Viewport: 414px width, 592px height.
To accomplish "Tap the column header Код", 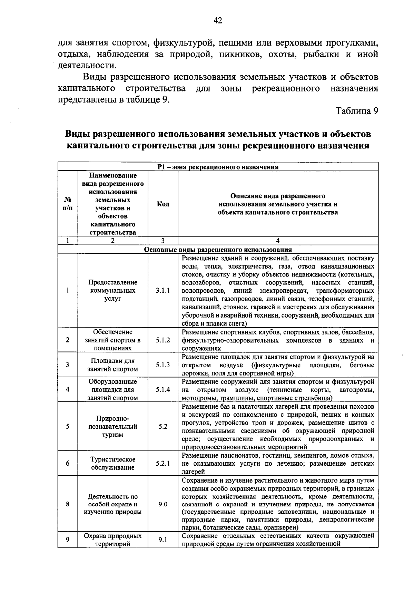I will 163,204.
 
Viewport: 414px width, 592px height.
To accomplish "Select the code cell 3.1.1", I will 163,291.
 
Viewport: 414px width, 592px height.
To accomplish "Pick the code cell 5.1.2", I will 163,340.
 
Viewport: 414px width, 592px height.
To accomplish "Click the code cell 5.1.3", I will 163,365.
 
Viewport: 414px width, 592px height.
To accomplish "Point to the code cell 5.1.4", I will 163,390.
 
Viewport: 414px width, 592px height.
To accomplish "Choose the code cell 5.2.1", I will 163,464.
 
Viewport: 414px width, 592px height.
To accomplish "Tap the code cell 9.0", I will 163,504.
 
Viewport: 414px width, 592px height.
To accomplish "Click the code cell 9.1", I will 163,540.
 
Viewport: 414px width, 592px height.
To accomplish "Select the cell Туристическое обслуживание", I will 113,464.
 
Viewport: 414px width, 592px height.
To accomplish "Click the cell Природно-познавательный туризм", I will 113,427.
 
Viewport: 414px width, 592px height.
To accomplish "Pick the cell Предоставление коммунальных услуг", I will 113,291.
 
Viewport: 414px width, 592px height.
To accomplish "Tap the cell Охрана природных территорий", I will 113,540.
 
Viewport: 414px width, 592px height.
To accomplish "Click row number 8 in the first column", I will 68,504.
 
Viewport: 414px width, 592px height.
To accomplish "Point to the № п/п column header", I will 68,204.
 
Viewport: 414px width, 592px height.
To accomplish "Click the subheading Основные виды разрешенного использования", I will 218,250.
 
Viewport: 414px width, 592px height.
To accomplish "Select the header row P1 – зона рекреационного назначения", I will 218,167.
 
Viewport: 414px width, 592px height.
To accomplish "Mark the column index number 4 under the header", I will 278,241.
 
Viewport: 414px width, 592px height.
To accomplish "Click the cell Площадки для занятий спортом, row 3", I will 113,365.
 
